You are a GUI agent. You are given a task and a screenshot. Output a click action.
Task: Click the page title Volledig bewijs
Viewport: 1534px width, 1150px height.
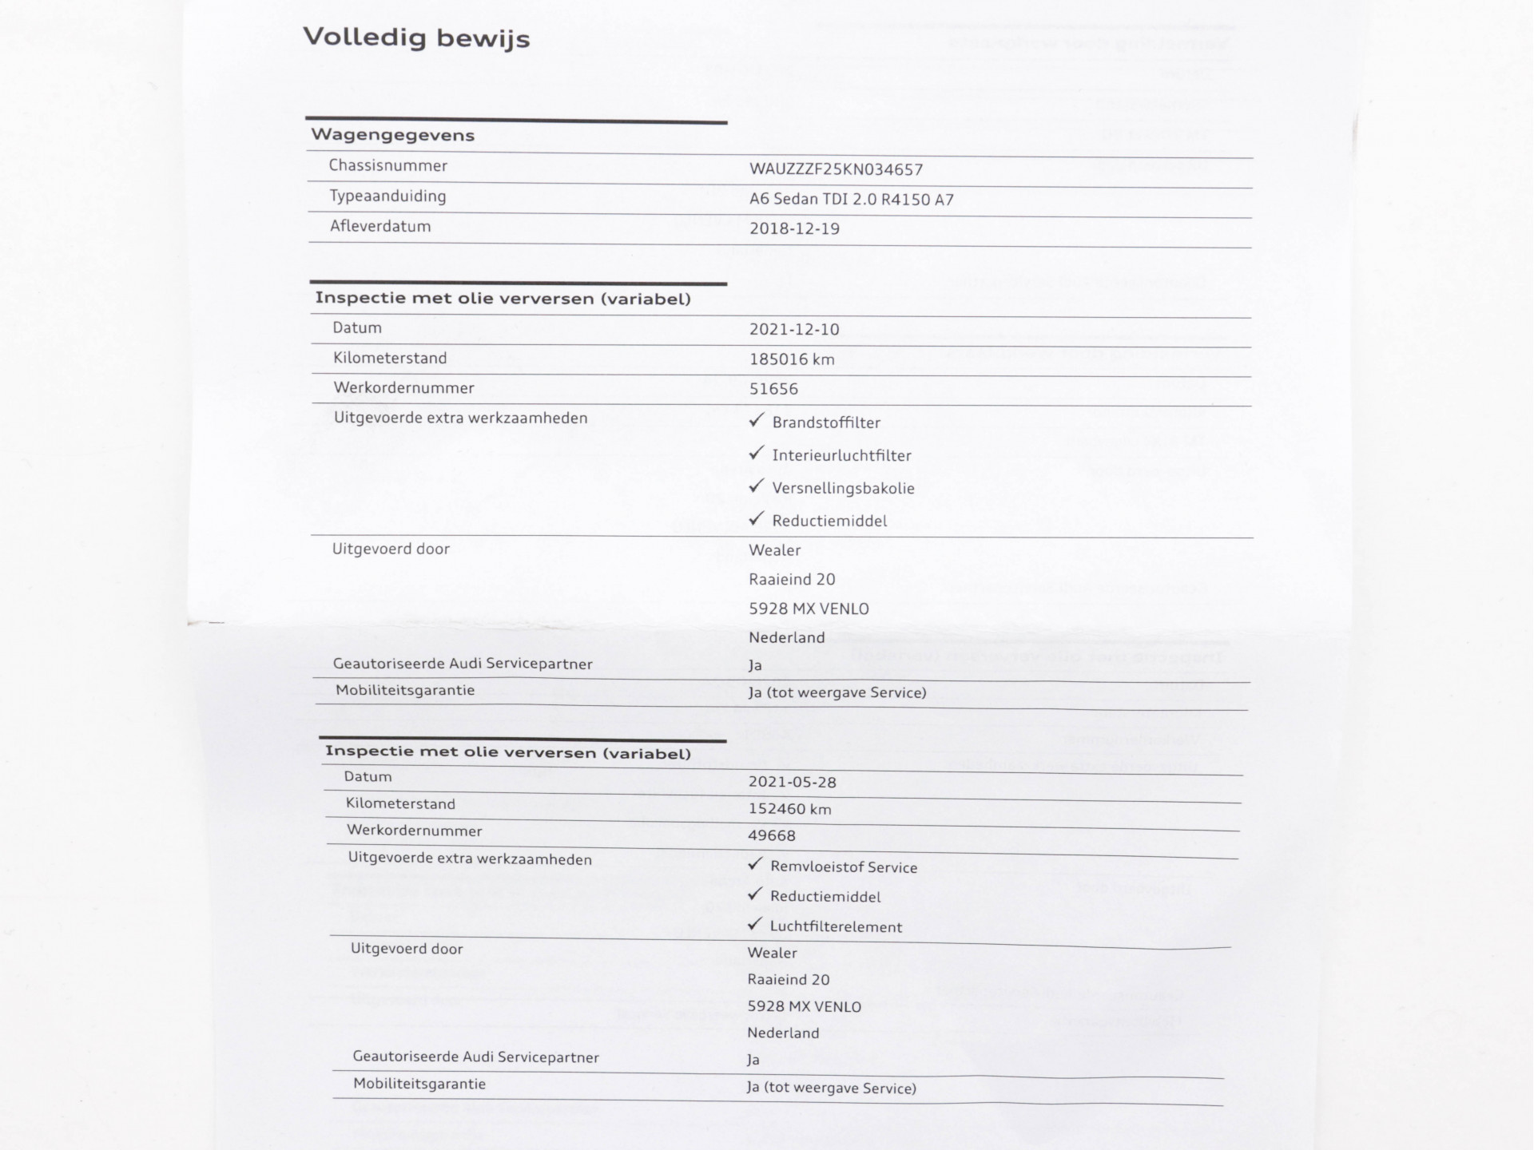click(416, 38)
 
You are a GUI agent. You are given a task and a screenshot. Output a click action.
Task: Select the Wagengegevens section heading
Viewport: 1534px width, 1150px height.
click(392, 135)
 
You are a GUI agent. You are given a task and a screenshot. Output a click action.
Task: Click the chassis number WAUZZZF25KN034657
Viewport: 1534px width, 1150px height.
click(836, 169)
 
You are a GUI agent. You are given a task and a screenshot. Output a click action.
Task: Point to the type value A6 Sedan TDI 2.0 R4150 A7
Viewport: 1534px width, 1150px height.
click(851, 200)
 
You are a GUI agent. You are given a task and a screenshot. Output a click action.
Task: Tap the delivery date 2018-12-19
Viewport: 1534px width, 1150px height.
click(794, 228)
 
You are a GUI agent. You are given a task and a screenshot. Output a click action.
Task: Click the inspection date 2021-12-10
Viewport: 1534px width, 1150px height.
click(794, 329)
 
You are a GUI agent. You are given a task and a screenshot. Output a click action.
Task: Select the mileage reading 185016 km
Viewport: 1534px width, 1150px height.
click(792, 359)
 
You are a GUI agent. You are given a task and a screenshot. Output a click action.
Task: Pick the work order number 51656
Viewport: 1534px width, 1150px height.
click(773, 389)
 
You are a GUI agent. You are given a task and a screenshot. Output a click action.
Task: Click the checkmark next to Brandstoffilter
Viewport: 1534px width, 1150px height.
click(757, 421)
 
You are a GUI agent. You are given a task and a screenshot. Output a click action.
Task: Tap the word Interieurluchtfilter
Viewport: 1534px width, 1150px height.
click(841, 455)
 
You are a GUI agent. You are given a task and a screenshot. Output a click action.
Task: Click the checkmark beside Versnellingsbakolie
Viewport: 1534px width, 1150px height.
click(757, 486)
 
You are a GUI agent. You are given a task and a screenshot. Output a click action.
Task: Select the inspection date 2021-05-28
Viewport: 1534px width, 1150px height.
click(792, 783)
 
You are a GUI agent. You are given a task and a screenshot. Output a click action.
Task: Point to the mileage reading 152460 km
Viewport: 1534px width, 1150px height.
click(789, 809)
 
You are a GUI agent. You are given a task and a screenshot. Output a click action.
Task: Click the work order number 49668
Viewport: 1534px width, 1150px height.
click(771, 836)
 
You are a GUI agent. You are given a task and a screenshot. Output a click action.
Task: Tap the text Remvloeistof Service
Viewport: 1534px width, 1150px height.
click(843, 867)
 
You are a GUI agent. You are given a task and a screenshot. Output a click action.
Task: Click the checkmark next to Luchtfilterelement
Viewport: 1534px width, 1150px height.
click(755, 925)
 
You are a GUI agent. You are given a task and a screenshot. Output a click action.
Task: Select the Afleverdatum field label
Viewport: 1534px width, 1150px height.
click(380, 226)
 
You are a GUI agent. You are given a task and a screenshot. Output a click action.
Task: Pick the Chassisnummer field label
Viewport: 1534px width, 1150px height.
click(388, 165)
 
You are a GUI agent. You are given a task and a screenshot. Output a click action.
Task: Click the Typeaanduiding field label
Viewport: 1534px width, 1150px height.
click(388, 196)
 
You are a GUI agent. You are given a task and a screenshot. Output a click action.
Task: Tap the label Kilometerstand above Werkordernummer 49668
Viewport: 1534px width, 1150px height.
click(400, 803)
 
